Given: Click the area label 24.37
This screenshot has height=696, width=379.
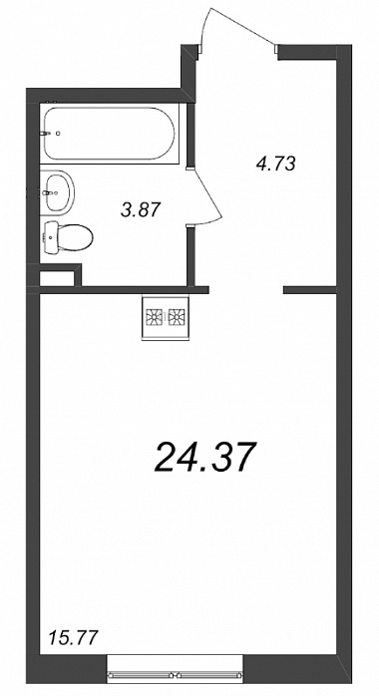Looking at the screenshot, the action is [x=205, y=458].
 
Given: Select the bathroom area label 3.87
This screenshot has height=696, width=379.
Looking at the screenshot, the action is [x=140, y=209].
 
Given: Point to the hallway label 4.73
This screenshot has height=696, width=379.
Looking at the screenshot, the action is [x=275, y=164].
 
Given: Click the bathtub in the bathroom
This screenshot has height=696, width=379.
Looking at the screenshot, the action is [x=109, y=134].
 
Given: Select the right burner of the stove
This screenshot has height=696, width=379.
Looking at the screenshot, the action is [x=177, y=316].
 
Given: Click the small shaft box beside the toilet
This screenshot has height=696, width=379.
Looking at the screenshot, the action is [x=57, y=279].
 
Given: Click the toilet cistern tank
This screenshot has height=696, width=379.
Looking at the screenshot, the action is [x=52, y=237].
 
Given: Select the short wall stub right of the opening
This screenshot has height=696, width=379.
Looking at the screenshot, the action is [x=310, y=290].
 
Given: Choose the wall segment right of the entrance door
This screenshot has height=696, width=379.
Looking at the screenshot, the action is [x=307, y=52].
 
